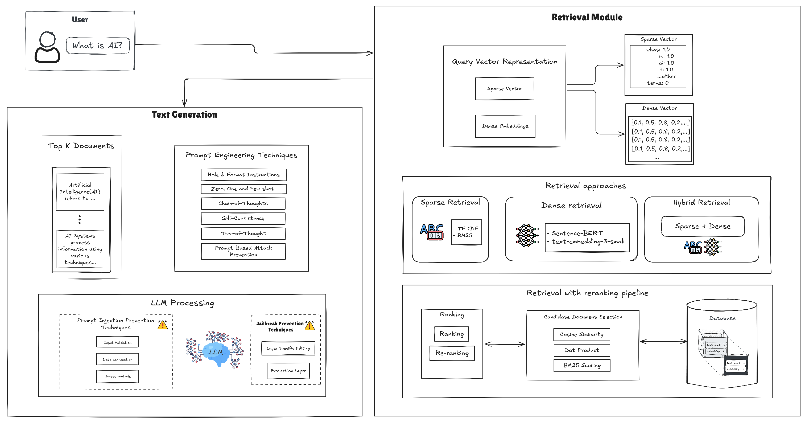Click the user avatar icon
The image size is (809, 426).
[47, 47]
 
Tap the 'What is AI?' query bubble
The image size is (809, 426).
[98, 46]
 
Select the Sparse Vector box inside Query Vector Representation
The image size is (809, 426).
[504, 89]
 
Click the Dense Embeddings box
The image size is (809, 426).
[505, 126]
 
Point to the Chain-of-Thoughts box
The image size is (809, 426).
[243, 203]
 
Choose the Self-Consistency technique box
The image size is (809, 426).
[243, 218]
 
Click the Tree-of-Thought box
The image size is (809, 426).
[243, 234]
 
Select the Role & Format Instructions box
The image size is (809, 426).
[243, 175]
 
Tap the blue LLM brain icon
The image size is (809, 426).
[216, 352]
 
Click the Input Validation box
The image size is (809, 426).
[117, 342]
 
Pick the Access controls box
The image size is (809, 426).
[117, 376]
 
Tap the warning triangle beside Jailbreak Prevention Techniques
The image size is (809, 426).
[310, 326]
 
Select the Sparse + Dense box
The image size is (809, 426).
[703, 226]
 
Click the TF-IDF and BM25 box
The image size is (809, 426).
[466, 232]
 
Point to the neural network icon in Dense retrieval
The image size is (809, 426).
[527, 235]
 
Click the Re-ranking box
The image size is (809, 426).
[452, 353]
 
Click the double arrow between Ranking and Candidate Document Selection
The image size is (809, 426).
[505, 344]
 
